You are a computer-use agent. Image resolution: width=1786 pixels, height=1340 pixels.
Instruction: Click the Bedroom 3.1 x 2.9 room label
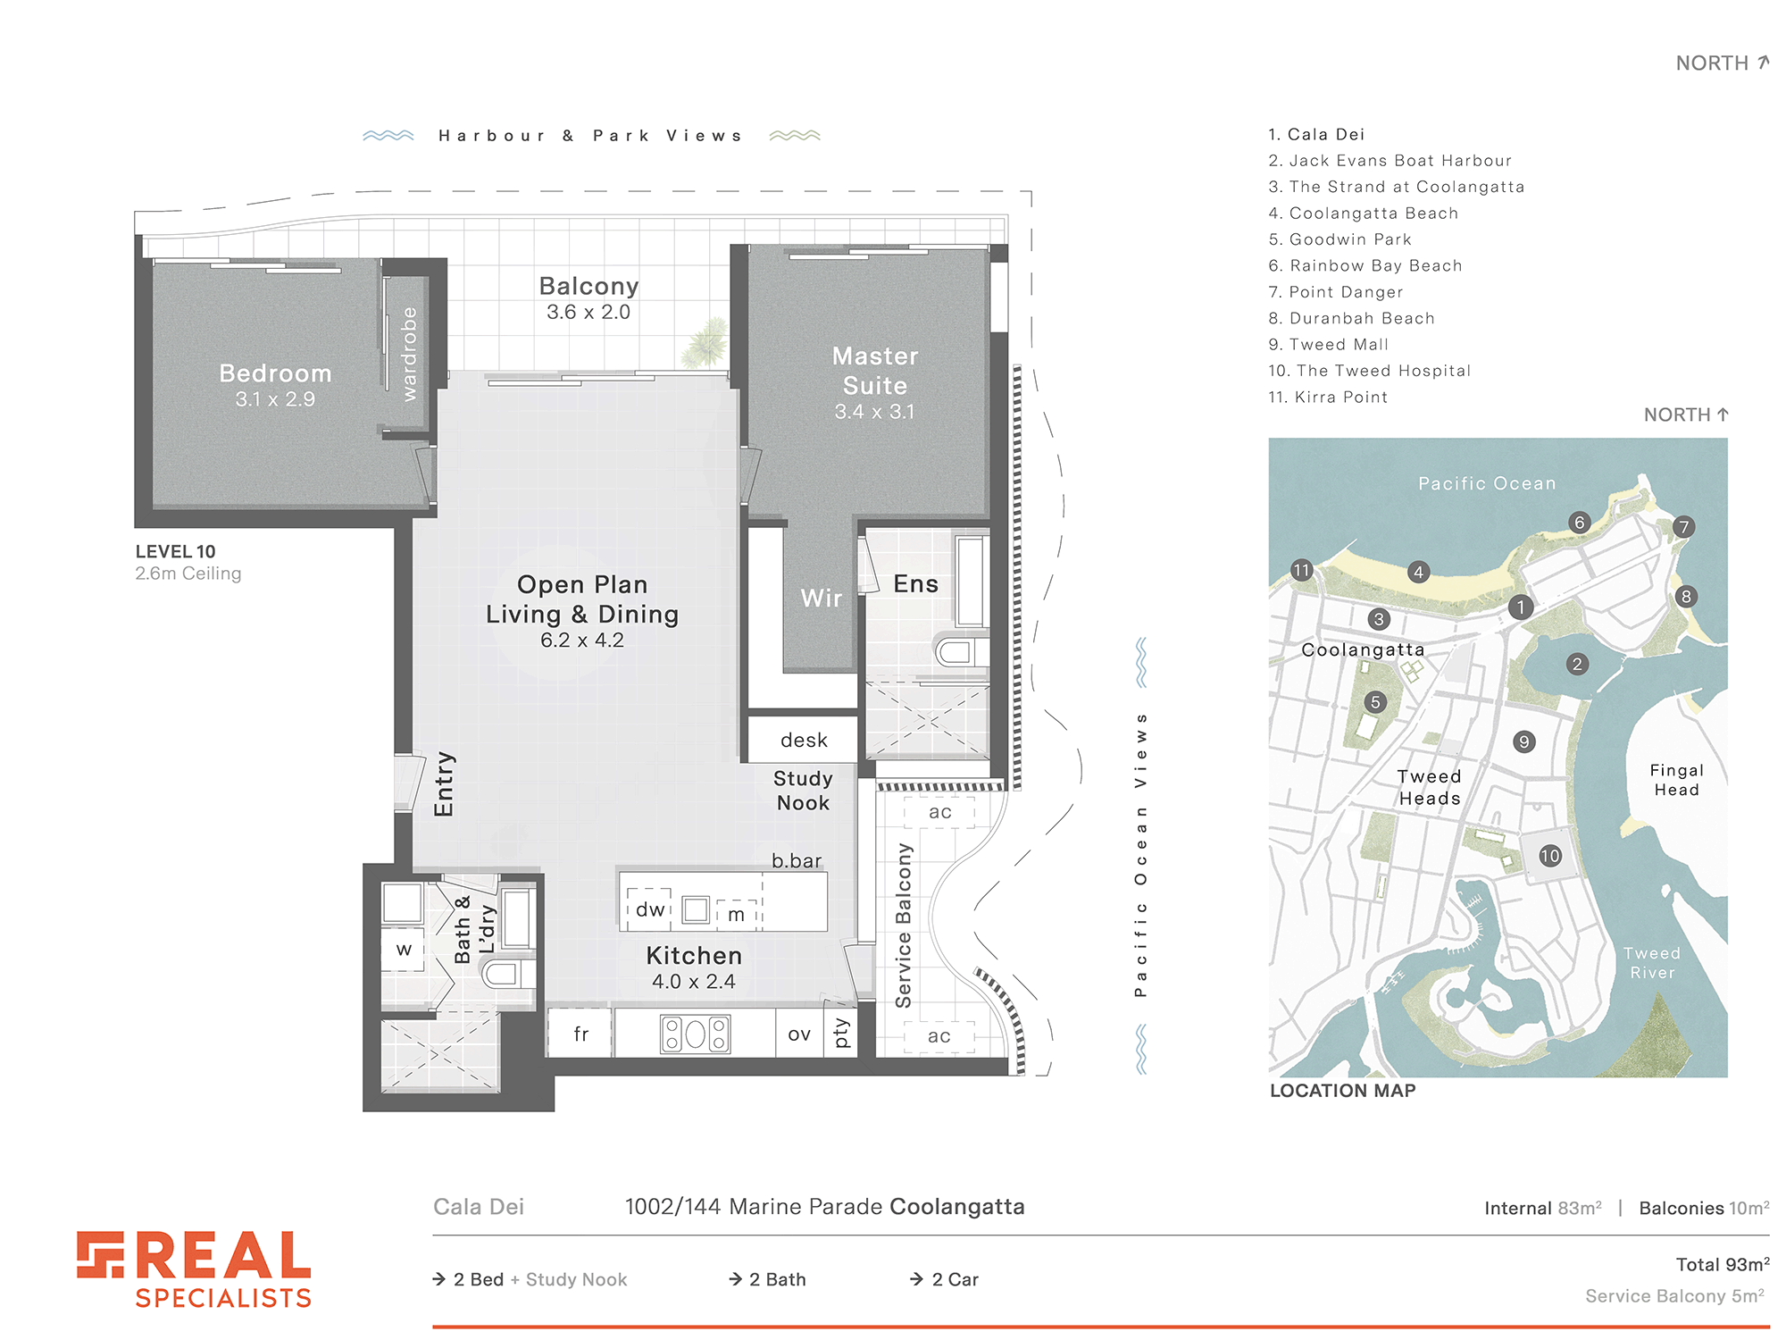click(275, 385)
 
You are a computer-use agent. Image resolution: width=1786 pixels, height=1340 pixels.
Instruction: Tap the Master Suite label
click(875, 371)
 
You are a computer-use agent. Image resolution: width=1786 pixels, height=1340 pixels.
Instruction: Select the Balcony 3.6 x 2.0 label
click(588, 297)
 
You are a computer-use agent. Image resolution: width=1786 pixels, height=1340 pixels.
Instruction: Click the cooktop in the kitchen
click(696, 1034)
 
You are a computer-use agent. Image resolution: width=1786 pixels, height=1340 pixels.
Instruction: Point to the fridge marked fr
click(580, 1034)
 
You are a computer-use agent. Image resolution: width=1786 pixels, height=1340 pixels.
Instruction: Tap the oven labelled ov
click(799, 1034)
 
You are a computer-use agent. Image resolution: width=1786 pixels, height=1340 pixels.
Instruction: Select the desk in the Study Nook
click(803, 740)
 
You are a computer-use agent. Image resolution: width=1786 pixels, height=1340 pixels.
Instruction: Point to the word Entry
click(444, 784)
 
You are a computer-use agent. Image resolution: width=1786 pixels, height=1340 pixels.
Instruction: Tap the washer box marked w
click(403, 949)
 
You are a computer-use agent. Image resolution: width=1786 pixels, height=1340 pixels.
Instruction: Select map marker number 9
click(1524, 741)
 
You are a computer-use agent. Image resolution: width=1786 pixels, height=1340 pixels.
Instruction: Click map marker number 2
click(1578, 664)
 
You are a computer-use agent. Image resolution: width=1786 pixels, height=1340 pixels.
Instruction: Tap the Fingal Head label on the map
click(1676, 780)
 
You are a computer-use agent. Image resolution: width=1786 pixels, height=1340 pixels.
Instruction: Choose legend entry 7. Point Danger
click(1336, 292)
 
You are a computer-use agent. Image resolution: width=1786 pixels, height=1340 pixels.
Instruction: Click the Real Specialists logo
click(194, 1269)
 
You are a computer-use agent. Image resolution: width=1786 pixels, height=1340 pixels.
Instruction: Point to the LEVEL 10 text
click(176, 551)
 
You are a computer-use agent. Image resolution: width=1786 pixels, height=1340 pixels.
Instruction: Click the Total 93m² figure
click(1723, 1264)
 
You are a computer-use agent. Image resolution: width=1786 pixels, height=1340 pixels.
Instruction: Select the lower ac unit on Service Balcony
click(939, 1036)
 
